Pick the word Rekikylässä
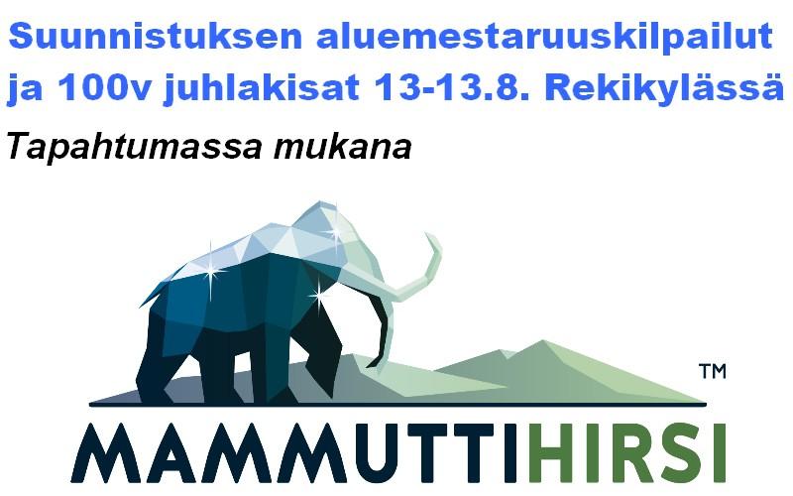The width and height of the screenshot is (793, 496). tap(664, 88)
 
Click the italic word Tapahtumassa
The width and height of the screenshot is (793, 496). tap(135, 148)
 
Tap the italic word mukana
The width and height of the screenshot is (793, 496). tap(342, 147)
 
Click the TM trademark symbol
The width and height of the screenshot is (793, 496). tap(713, 371)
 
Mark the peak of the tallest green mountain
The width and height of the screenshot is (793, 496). tap(542, 340)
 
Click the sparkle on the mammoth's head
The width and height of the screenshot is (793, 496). tap(334, 231)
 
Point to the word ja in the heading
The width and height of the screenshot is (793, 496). tap(24, 89)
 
